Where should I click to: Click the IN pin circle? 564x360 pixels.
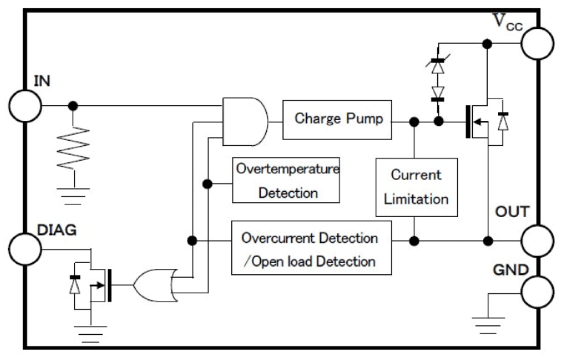24,106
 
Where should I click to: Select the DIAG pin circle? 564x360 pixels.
24,248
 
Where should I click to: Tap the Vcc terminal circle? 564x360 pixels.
537,43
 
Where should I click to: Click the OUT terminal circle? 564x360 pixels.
537,241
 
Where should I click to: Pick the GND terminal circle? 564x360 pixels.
537,292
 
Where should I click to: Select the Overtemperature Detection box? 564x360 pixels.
286,180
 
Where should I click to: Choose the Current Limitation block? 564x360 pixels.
416,187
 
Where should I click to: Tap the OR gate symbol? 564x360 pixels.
155,285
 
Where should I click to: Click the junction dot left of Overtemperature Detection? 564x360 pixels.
207,184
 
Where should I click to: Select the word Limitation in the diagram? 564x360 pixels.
416,198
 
